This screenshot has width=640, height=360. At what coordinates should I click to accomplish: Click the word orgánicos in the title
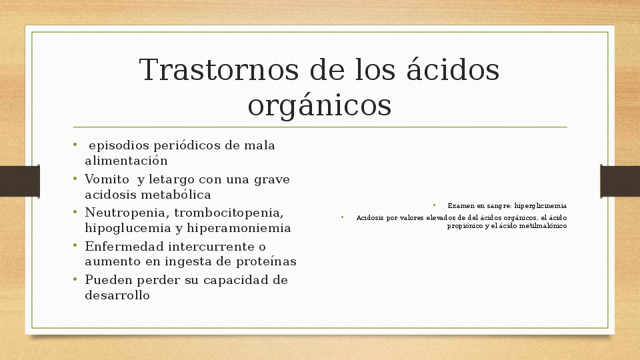click(x=319, y=105)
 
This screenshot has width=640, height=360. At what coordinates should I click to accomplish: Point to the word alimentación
click(x=126, y=161)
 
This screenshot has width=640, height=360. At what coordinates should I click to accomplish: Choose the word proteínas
click(x=264, y=261)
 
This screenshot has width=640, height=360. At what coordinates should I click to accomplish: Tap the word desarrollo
click(x=117, y=295)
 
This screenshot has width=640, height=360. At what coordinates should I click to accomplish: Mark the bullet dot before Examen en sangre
click(x=433, y=205)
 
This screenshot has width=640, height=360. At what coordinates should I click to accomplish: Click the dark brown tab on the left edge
click(x=19, y=181)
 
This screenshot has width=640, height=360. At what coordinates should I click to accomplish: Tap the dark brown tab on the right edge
click(x=620, y=181)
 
